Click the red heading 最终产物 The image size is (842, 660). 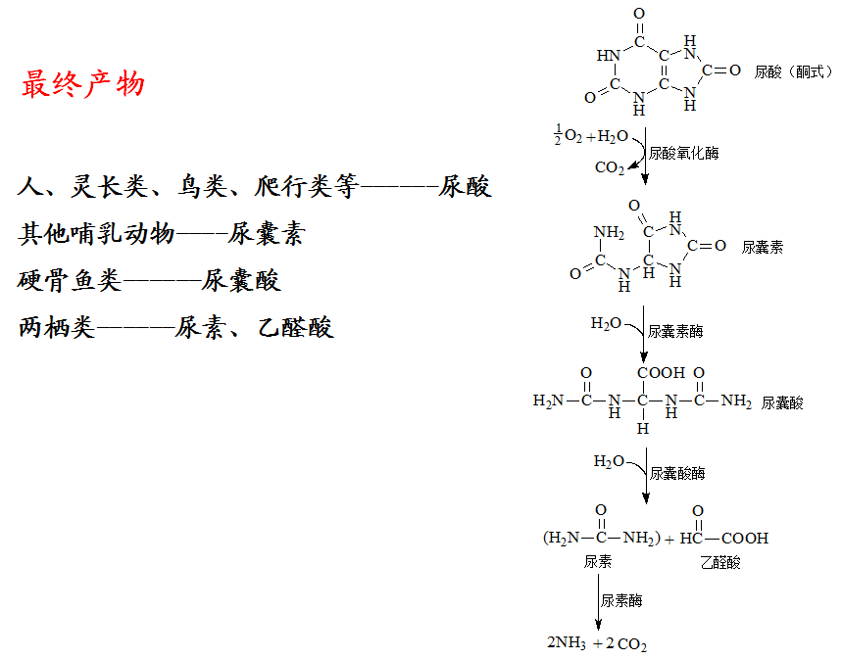tap(83, 84)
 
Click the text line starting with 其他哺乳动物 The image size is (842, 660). tap(162, 234)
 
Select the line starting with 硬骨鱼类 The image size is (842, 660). tap(149, 281)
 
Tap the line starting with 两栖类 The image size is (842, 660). tap(176, 327)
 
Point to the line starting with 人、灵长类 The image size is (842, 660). tap(254, 186)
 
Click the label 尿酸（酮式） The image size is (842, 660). tap(793, 71)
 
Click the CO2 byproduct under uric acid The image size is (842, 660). tap(610, 168)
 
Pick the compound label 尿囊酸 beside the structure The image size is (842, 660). tap(782, 402)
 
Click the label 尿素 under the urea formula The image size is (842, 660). tap(598, 562)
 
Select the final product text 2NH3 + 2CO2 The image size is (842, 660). tap(597, 644)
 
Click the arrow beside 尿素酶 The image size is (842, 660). tap(598, 602)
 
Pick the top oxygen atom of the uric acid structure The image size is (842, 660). tap(639, 15)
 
